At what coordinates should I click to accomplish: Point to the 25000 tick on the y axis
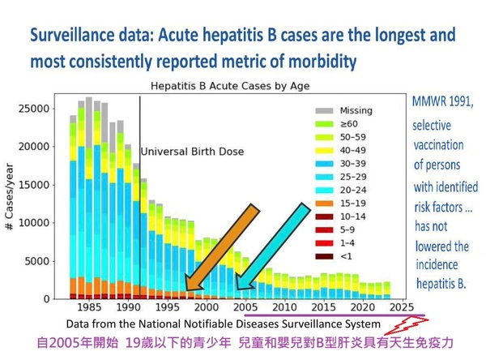(x=37, y=109)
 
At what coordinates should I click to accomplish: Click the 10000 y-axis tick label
(x=37, y=223)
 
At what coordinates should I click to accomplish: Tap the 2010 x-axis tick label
(x=284, y=309)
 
